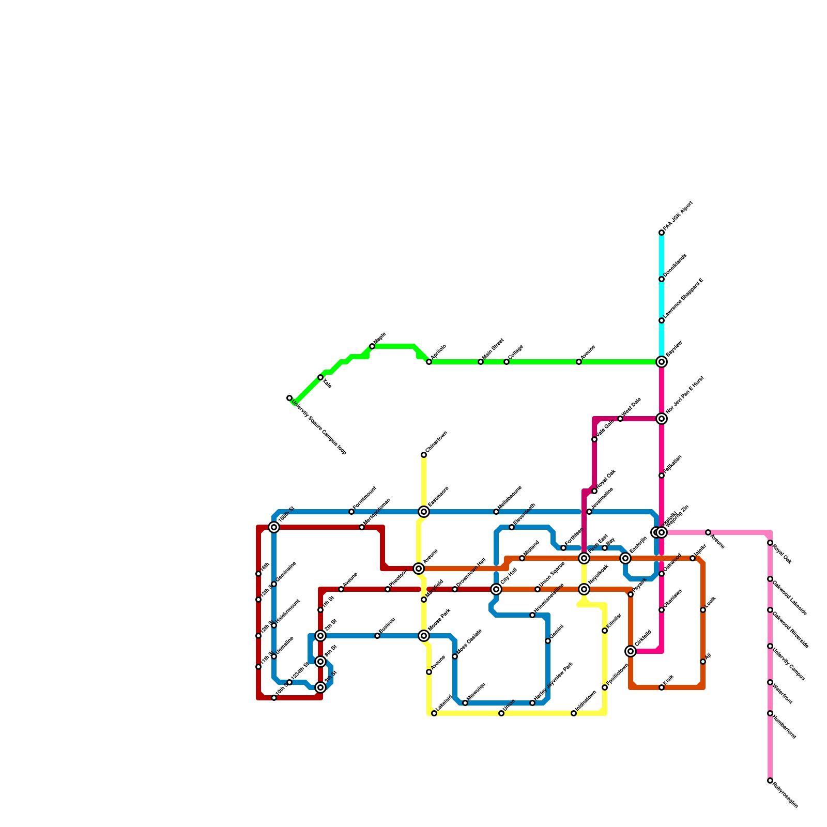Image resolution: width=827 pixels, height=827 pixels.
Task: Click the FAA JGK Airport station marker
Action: pyautogui.click(x=662, y=233)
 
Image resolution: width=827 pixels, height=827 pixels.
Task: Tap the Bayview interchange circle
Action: pyautogui.click(x=662, y=362)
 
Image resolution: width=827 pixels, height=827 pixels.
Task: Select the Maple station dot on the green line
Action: pyautogui.click(x=372, y=346)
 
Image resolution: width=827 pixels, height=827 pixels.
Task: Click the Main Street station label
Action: pyautogui.click(x=493, y=349)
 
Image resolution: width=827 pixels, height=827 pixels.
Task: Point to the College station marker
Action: pyautogui.click(x=507, y=362)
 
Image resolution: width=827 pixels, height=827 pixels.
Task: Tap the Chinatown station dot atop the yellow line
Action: pyautogui.click(x=424, y=455)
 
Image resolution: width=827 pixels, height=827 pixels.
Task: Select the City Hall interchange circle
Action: pyautogui.click(x=496, y=589)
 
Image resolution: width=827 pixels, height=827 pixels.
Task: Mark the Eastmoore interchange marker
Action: pyautogui.click(x=424, y=512)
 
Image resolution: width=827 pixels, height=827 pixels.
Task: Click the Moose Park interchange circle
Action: pyautogui.click(x=424, y=636)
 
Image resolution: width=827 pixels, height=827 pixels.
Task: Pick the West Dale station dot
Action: pyautogui.click(x=620, y=419)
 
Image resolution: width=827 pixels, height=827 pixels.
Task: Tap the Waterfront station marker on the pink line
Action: pyautogui.click(x=770, y=682)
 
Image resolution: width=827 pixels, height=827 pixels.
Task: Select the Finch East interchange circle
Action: pyautogui.click(x=584, y=558)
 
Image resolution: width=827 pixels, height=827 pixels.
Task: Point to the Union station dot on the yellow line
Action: pyautogui.click(x=501, y=713)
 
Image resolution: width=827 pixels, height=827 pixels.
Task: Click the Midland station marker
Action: pyautogui.click(x=522, y=558)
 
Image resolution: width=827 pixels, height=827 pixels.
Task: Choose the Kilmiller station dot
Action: pyautogui.click(x=605, y=631)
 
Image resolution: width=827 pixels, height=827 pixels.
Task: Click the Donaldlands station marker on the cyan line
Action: pyautogui.click(x=662, y=279)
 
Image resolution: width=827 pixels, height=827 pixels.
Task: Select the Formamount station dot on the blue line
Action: pyautogui.click(x=351, y=512)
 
